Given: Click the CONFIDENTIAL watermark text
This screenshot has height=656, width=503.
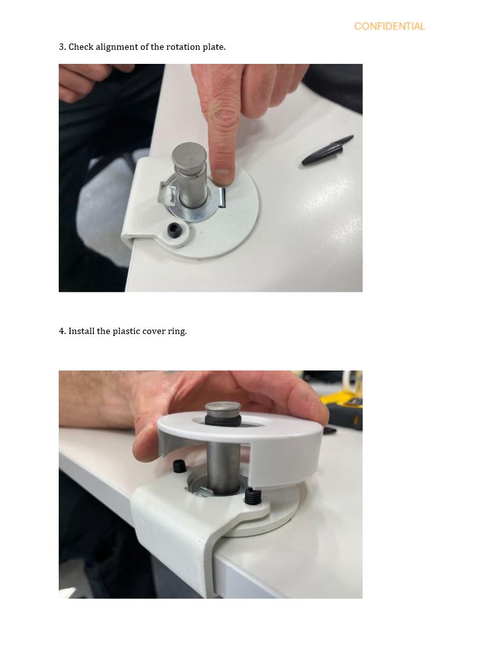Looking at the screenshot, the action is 389,26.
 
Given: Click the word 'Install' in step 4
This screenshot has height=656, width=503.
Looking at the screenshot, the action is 82,332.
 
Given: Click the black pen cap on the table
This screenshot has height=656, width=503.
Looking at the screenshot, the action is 327,149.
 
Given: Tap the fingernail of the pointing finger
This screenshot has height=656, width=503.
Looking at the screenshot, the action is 223,176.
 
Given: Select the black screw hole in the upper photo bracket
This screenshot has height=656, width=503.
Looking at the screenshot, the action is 174,229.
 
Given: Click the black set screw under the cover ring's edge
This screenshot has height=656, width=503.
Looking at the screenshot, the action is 252,496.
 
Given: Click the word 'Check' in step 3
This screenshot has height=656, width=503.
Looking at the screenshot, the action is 80,47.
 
